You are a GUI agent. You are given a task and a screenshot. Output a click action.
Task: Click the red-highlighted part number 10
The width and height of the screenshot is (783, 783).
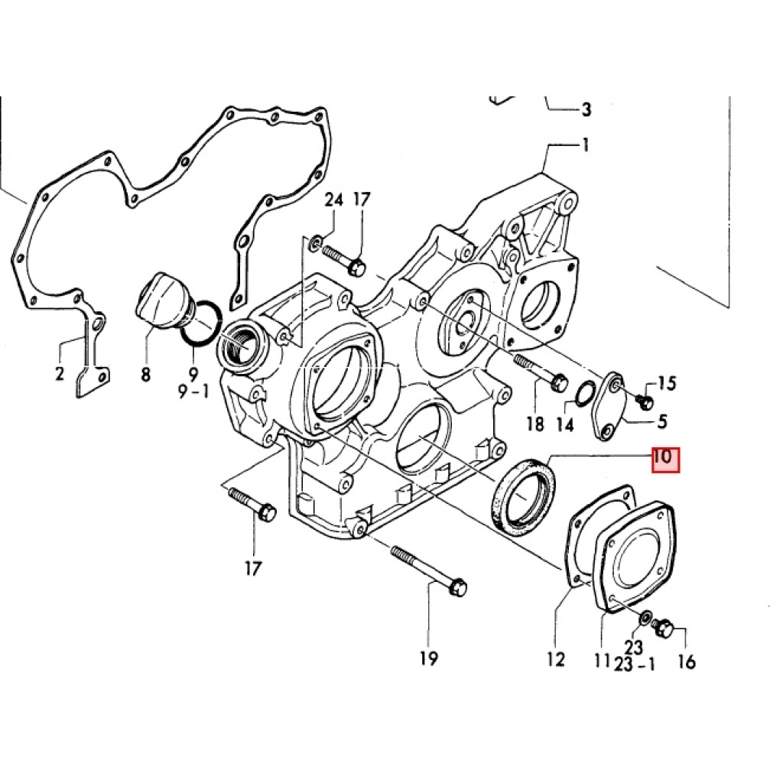pyautogui.click(x=663, y=459)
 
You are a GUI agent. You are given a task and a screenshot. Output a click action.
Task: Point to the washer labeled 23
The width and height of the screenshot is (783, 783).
pyautogui.click(x=645, y=617)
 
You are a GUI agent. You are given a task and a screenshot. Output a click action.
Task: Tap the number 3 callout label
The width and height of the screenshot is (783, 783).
pyautogui.click(x=586, y=109)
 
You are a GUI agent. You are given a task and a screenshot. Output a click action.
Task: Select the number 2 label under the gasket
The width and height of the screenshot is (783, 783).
pyautogui.click(x=60, y=373)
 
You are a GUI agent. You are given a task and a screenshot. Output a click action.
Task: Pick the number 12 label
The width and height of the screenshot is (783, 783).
pyautogui.click(x=556, y=658)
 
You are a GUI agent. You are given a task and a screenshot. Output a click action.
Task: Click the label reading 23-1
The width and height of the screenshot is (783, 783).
pyautogui.click(x=635, y=664)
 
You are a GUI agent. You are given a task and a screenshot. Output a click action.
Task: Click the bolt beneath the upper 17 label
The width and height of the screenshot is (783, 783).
pyautogui.click(x=342, y=258)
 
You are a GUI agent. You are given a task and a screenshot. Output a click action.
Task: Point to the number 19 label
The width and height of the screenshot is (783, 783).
pyautogui.click(x=429, y=658)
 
